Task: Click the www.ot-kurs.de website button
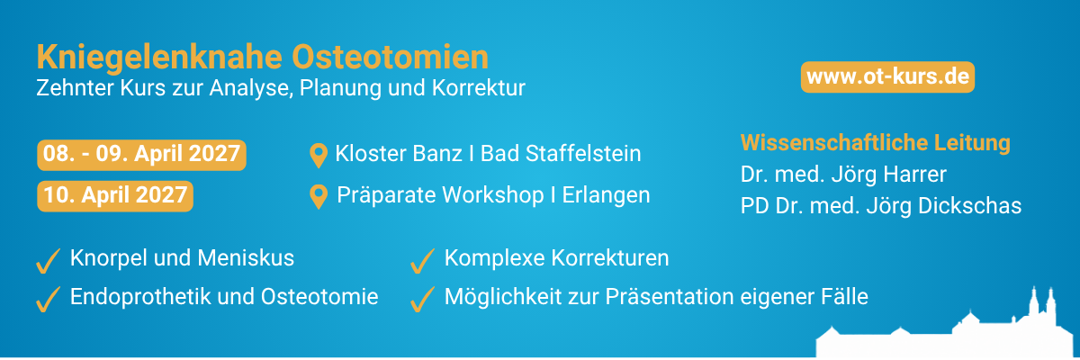click(887, 76)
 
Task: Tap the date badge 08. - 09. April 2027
click(142, 155)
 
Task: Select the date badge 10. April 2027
click(115, 196)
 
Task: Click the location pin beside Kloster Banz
click(319, 156)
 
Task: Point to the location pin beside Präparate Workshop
click(319, 196)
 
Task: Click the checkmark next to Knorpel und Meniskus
click(49, 261)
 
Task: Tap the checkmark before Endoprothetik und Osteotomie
click(49, 300)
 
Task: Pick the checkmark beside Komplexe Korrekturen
click(422, 261)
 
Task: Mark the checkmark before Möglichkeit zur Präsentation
click(422, 300)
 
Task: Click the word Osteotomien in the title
click(390, 57)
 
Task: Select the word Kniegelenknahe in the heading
click(159, 58)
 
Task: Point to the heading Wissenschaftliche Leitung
click(875, 143)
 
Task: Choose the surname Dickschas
click(969, 206)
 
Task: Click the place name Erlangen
click(606, 195)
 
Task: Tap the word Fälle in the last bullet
click(842, 296)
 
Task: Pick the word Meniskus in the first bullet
click(246, 257)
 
